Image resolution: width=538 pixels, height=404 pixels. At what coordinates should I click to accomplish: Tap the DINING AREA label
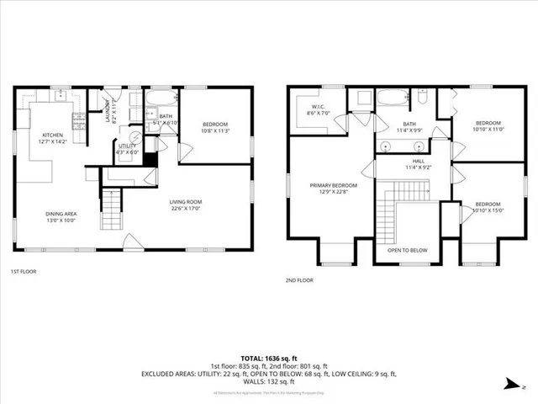point(61,213)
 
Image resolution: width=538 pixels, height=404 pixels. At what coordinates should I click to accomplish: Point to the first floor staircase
point(112,210)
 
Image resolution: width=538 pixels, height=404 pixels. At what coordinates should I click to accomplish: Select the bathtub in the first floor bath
point(160,106)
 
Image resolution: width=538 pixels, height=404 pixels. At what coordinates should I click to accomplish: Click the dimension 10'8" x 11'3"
point(215,131)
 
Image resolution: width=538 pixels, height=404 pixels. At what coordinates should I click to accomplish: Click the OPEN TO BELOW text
point(408,250)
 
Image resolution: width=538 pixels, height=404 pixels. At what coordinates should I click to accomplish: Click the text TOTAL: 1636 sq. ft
point(268,357)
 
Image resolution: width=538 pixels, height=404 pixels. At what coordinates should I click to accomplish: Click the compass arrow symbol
point(510,385)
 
